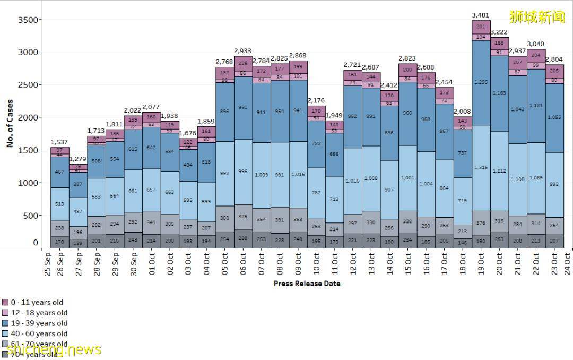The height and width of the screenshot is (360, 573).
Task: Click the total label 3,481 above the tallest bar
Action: (480, 15)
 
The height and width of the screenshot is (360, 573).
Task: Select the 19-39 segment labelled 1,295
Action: (481, 82)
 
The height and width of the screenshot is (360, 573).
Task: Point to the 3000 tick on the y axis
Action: (29, 53)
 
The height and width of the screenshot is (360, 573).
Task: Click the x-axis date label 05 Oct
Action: (225, 263)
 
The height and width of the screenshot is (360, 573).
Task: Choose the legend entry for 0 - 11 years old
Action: (37, 303)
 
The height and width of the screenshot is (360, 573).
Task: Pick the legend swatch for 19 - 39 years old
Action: (5, 323)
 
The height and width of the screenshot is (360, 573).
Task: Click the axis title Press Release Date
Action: (307, 284)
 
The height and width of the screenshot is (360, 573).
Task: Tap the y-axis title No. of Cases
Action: (11, 123)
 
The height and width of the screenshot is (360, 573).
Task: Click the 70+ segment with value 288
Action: (244, 239)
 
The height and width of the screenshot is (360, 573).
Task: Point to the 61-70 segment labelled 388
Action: (225, 218)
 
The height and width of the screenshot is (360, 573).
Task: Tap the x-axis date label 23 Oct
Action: (554, 263)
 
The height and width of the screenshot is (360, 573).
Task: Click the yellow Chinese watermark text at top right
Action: (537, 17)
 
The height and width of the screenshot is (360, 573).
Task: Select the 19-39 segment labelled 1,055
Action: (554, 117)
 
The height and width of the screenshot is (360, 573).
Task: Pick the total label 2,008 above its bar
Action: (463, 112)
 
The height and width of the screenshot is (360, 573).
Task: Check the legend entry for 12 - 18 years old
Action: (39, 313)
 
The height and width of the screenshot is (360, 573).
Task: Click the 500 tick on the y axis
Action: (31, 216)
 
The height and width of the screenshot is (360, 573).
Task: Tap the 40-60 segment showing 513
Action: (60, 204)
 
